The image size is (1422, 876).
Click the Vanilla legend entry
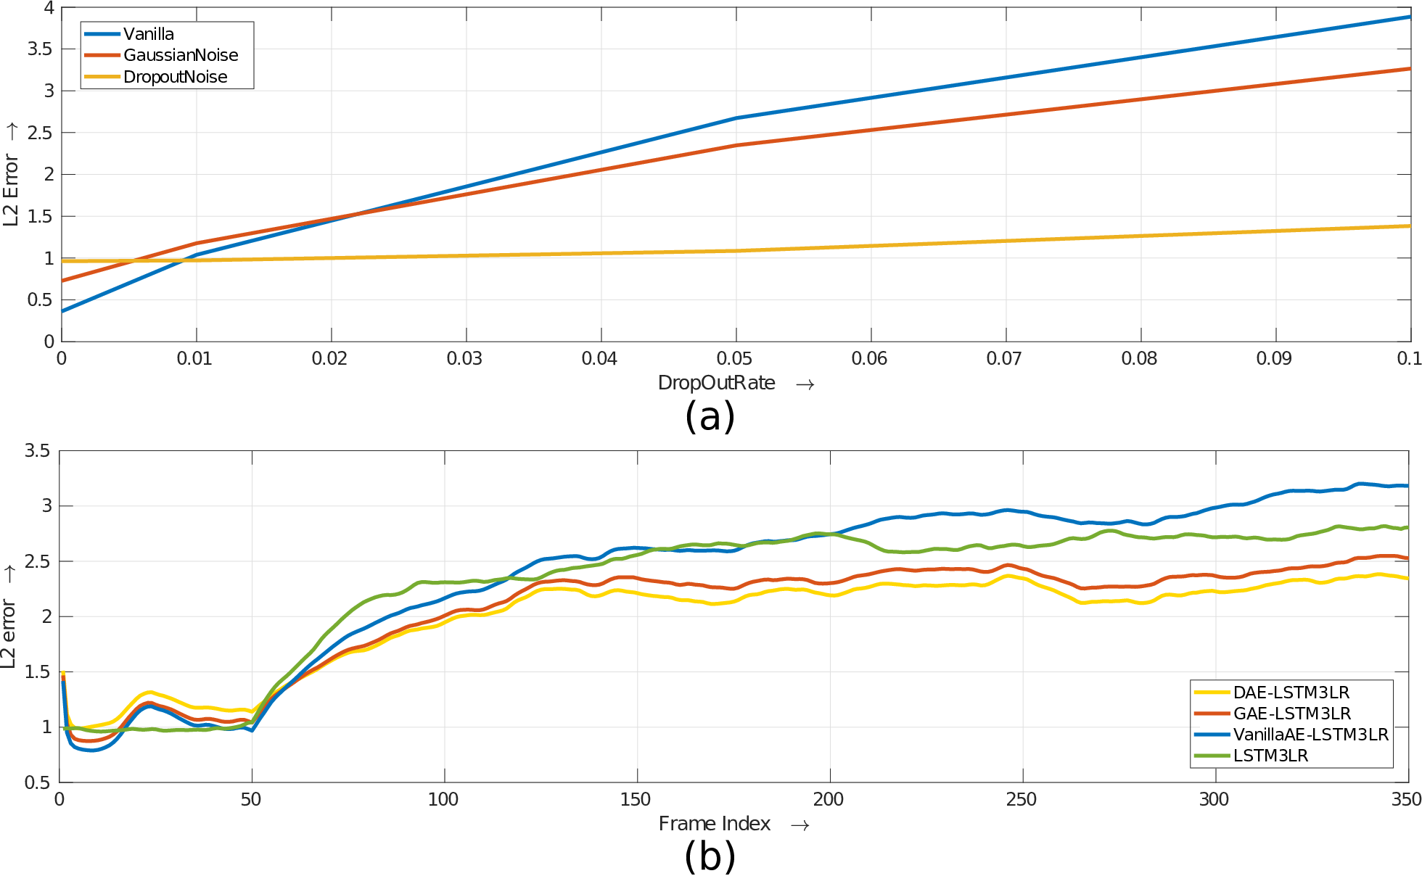(x=129, y=34)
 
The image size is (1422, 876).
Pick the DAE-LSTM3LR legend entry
(x=1272, y=693)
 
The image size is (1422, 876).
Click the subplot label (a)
(x=710, y=417)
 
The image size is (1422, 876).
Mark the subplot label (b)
(x=710, y=856)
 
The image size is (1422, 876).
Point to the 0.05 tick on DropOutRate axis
(x=734, y=358)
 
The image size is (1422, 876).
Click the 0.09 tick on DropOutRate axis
(x=1274, y=358)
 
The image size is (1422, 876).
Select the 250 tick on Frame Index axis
(x=1022, y=799)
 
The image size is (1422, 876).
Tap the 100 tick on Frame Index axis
(x=443, y=799)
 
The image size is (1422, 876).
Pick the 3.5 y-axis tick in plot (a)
(x=40, y=49)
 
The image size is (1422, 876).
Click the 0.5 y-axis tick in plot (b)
(x=37, y=782)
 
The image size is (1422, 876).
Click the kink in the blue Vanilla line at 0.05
(x=736, y=117)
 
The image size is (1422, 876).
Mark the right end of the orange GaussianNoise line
(x=1410, y=69)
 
